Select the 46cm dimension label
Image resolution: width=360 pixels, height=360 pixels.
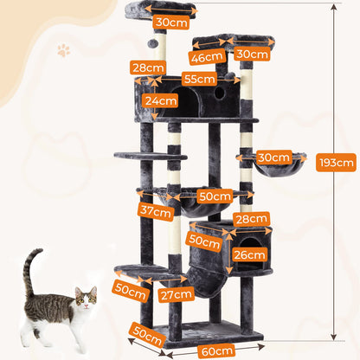tap(204, 57)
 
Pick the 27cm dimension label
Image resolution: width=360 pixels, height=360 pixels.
tap(177, 294)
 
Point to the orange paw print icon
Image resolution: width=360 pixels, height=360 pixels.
tap(63, 51)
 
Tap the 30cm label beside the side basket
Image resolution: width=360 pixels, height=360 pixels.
tap(273, 157)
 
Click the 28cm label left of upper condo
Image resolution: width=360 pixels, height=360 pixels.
tap(148, 67)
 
